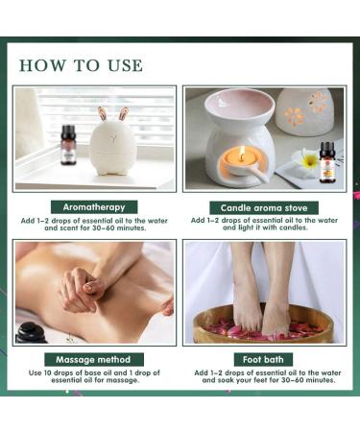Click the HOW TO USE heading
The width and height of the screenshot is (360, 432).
[x=81, y=65]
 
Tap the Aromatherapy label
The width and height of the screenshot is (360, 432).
[x=95, y=206]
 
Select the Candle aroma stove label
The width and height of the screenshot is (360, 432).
[x=263, y=207]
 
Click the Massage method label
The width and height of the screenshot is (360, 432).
[x=95, y=358]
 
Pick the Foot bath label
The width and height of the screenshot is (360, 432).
[x=263, y=358]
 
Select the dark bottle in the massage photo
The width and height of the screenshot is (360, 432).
[x=33, y=332]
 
